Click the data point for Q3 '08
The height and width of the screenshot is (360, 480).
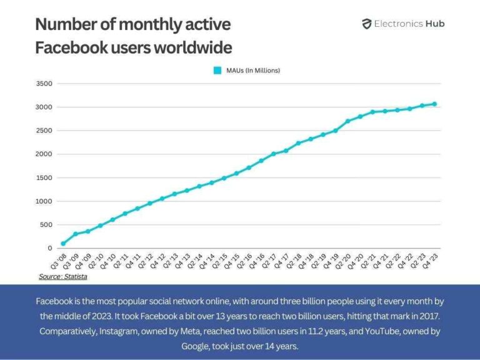63,244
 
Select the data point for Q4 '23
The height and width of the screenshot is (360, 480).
434,104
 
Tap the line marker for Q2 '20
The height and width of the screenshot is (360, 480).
347,121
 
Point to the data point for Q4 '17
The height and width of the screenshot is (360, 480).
286,151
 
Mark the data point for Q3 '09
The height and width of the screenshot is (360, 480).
76,234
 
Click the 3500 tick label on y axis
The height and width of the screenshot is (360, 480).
44,84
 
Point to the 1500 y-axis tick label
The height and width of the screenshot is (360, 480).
44,178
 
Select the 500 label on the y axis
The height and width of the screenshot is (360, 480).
47,225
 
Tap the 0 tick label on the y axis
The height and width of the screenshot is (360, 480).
50,249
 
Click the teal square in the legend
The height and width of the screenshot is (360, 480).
217,71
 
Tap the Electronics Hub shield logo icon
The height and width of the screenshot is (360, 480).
367,24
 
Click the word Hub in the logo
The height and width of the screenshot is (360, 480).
434,24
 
